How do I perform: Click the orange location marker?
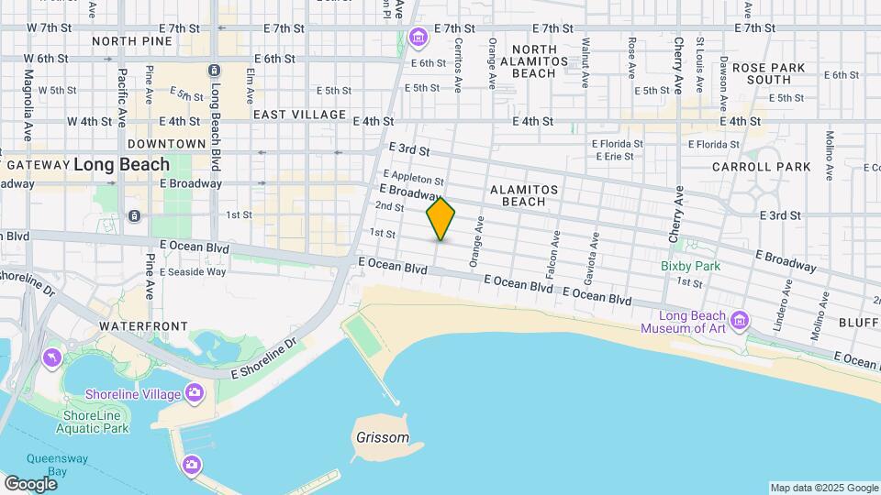[440, 219]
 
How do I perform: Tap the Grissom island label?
[382, 437]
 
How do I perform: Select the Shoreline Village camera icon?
[195, 393]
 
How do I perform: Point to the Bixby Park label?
[690, 266]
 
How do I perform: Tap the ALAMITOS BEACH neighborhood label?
[519, 195]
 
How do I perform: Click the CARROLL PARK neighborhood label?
[761, 167]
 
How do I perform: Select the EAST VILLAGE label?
[286, 115]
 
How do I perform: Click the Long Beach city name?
[121, 165]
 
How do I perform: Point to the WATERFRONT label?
[143, 326]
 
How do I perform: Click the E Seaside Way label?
[193, 271]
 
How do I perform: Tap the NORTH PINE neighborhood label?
[132, 41]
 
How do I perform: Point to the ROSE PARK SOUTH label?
[768, 73]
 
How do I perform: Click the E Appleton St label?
[414, 177]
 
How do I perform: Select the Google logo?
[30, 483]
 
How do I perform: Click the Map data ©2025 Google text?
[824, 488]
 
